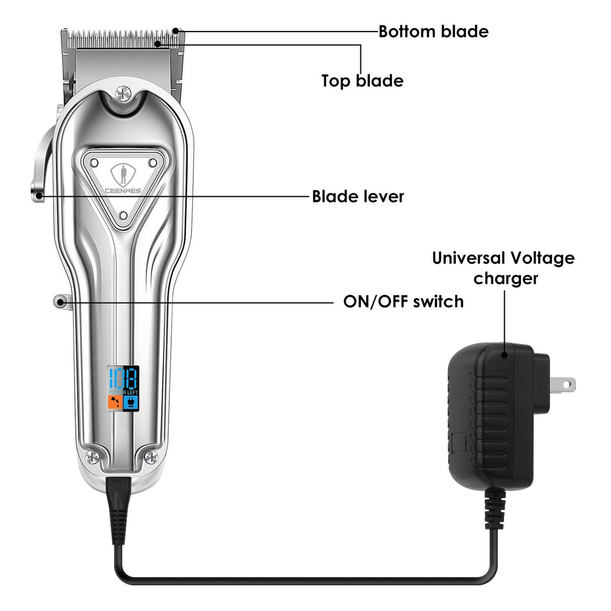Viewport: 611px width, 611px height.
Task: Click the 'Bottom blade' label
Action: point(433,31)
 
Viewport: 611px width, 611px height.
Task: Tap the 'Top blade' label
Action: point(362,81)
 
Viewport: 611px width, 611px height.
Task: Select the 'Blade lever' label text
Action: point(358,196)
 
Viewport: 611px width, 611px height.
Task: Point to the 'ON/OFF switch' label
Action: point(403,301)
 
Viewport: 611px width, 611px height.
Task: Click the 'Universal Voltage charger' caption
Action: point(503,268)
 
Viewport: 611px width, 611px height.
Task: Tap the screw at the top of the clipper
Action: point(124,93)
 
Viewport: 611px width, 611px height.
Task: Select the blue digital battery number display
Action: point(123,377)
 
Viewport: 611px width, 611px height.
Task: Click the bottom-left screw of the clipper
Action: point(91,457)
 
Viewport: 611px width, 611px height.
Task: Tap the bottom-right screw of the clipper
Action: point(151,457)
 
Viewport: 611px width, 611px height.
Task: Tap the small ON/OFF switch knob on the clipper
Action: point(60,301)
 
